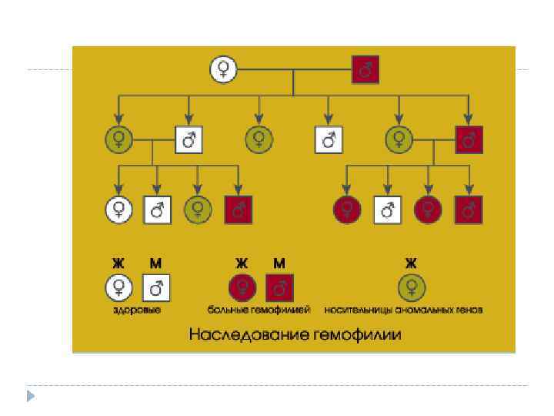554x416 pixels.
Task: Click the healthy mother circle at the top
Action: click(223, 70)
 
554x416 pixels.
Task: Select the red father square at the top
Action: click(365, 70)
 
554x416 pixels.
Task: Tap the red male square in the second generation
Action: click(469, 139)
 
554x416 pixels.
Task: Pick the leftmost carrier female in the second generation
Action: click(118, 139)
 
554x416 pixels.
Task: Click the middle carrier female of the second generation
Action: click(259, 139)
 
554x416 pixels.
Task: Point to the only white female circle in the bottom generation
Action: click(118, 208)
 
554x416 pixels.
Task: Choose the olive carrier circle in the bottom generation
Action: click(198, 208)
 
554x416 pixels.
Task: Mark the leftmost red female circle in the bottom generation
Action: click(347, 208)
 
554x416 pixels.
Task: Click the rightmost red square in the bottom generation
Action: click(469, 208)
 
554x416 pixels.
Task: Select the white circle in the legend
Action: click(118, 287)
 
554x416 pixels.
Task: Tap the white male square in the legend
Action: click(156, 287)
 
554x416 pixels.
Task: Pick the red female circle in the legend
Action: click(242, 287)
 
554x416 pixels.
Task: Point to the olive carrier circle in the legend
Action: click(411, 287)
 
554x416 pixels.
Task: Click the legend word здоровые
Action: click(137, 310)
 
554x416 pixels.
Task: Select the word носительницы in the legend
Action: click(359, 310)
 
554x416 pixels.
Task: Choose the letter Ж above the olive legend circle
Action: click(411, 263)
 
